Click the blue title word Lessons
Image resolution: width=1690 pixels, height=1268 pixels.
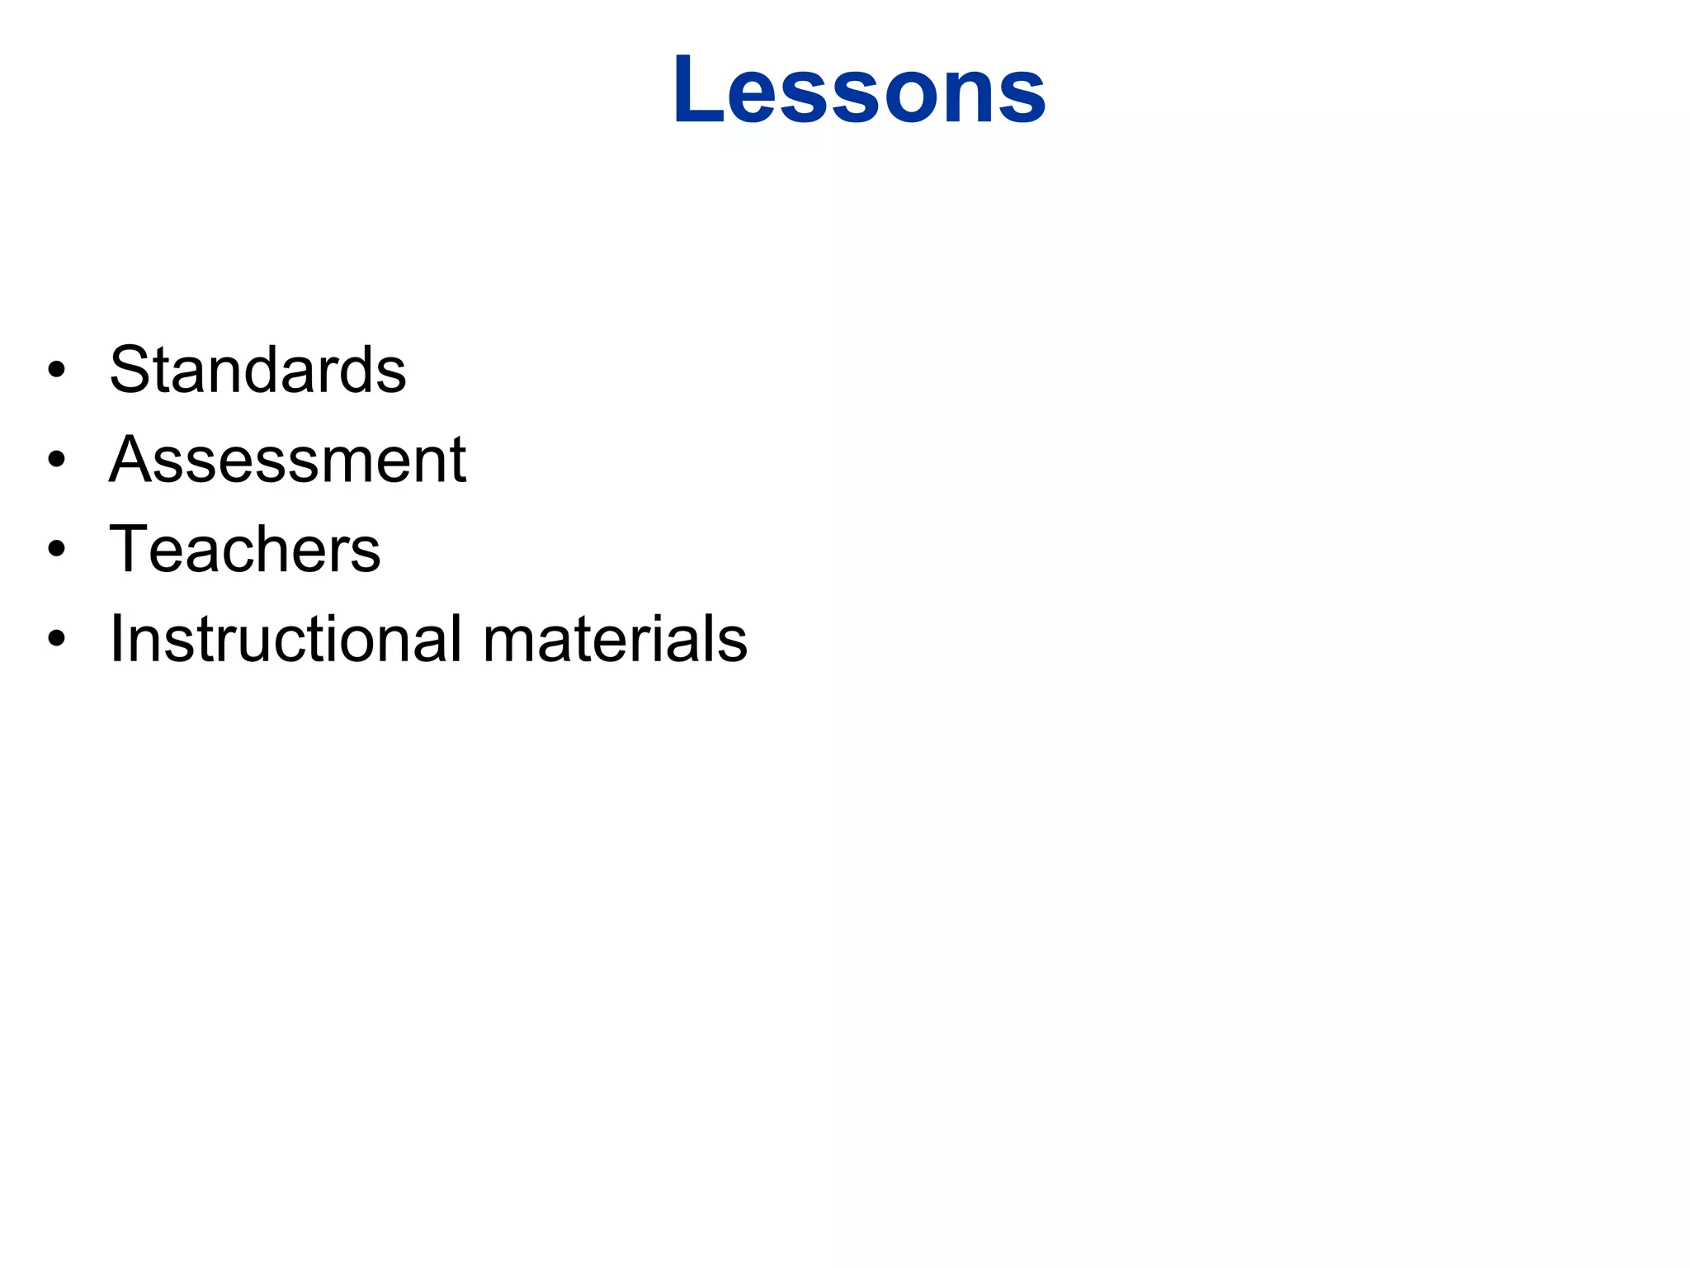coord(859,89)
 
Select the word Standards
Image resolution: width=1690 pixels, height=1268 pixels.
coord(257,369)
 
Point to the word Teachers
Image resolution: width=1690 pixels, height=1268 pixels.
coord(245,549)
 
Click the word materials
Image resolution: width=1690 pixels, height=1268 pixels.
coord(615,638)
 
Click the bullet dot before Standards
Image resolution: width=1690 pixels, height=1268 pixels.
coord(56,370)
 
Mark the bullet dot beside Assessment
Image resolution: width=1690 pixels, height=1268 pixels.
coord(56,460)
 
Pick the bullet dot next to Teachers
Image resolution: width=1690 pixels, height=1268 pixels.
coord(56,550)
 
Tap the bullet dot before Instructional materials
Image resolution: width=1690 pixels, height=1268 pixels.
coord(56,639)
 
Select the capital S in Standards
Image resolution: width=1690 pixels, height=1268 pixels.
coord(132,369)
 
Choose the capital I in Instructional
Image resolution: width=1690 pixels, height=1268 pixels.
coord(116,638)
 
